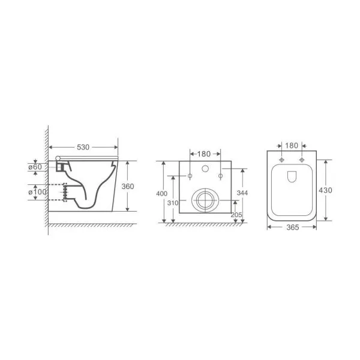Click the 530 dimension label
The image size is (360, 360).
pyautogui.click(x=83, y=148)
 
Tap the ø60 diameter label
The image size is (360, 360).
pyautogui.click(x=35, y=167)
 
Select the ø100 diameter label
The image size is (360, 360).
pyautogui.click(x=37, y=192)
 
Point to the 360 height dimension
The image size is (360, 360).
pyautogui.click(x=128, y=187)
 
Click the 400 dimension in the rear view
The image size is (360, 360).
pyautogui.click(x=161, y=194)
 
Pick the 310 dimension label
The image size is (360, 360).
pyautogui.click(x=173, y=203)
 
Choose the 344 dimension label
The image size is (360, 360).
pyautogui.click(x=242, y=193)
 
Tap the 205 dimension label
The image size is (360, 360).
pyautogui.click(x=236, y=215)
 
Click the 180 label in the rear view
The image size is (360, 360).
pyautogui.click(x=204, y=154)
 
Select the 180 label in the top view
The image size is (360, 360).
pyautogui.click(x=292, y=146)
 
